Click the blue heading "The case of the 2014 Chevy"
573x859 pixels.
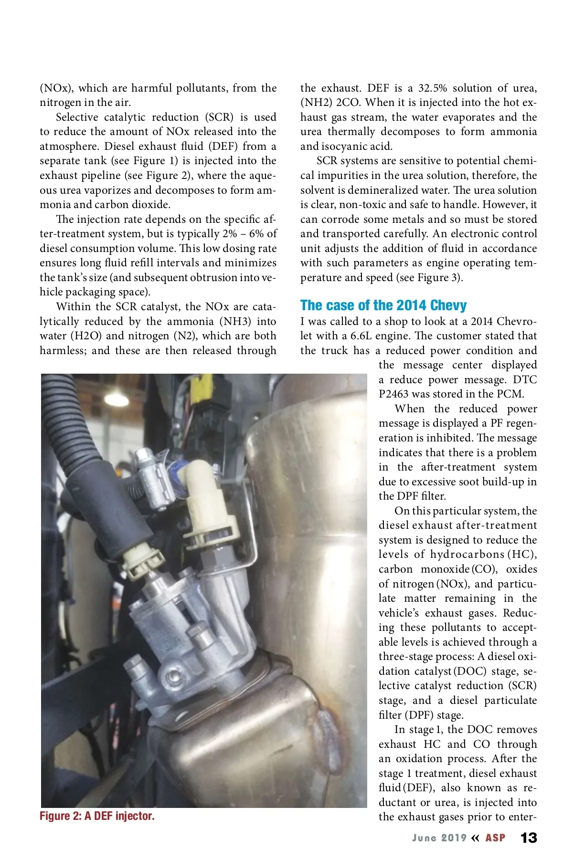pyautogui.click(x=383, y=305)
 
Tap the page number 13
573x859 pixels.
pyautogui.click(x=529, y=838)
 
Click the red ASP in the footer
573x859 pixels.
pyautogui.click(x=495, y=838)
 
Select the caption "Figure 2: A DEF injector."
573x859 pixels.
pyautogui.click(x=97, y=816)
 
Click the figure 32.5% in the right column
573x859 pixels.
pyautogui.click(x=433, y=88)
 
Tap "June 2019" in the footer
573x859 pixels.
pyautogui.click(x=439, y=838)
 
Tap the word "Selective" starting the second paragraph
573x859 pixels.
pyautogui.click(x=79, y=117)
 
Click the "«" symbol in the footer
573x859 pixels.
pyautogui.click(x=475, y=838)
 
